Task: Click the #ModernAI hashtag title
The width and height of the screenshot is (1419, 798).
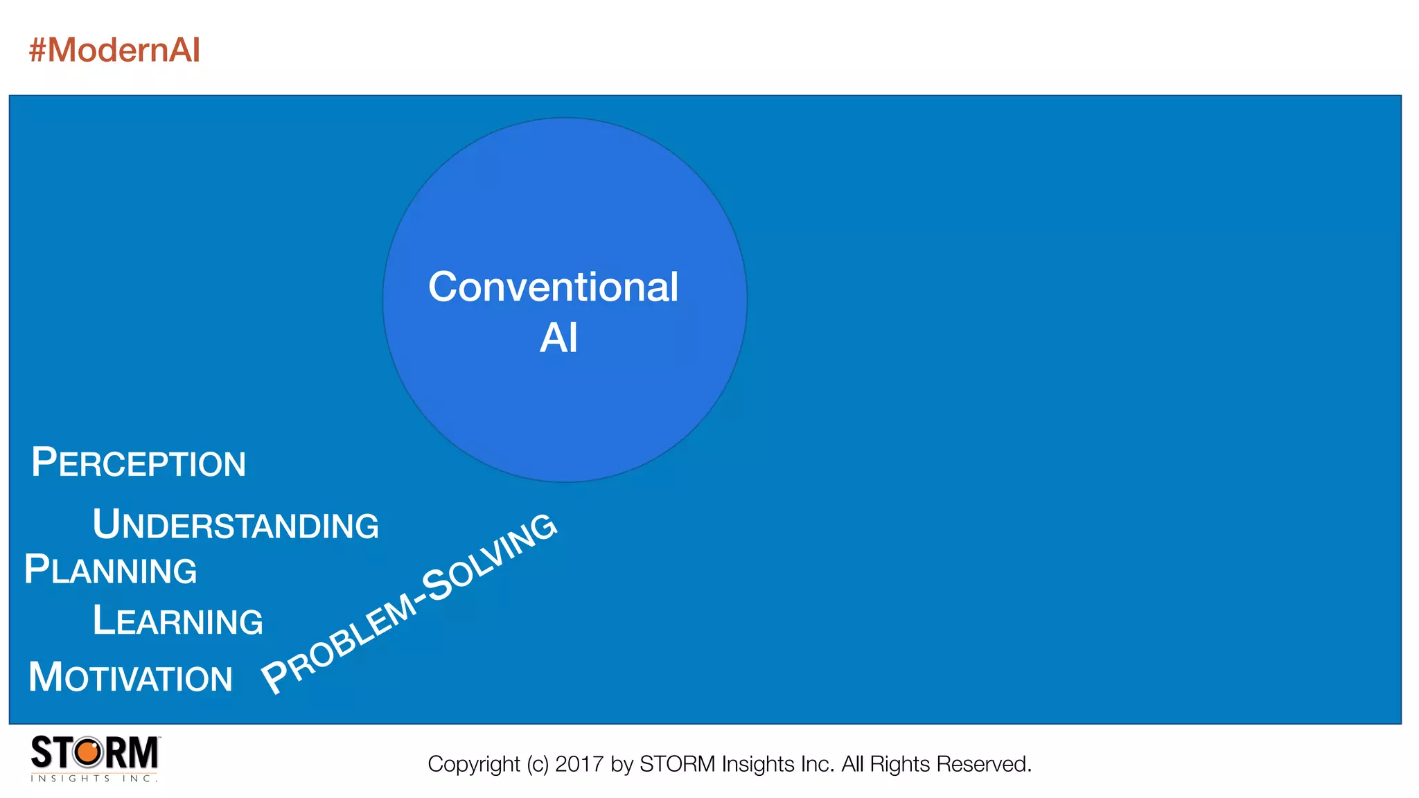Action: coord(114,51)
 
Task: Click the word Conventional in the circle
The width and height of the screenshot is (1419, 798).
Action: coord(553,287)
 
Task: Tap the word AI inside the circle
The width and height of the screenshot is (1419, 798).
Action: coord(558,338)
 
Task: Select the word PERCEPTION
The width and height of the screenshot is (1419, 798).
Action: coord(139,463)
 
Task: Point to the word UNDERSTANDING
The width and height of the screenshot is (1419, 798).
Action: coord(236,524)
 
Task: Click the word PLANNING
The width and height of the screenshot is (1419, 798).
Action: coord(111,570)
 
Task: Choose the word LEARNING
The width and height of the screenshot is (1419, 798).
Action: coord(178,620)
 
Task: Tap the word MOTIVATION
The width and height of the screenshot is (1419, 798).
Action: coord(130,677)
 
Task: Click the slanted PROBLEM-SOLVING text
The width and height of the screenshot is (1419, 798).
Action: coord(409,603)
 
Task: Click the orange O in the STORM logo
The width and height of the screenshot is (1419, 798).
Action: coord(88,752)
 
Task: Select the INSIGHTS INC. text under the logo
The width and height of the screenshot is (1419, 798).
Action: coord(94,779)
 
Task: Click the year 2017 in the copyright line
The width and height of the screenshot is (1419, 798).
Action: coord(579,764)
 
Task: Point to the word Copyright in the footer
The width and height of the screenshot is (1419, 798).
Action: coord(473,764)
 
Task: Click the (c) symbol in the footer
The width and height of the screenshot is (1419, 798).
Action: coord(537,764)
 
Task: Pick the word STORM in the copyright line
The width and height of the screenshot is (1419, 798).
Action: coord(677,764)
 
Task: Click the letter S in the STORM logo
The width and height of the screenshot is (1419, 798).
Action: coord(42,752)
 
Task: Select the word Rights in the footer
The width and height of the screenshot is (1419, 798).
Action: coord(899,764)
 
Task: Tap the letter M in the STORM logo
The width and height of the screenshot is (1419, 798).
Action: coord(143,752)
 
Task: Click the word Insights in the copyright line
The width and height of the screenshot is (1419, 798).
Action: coord(758,764)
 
